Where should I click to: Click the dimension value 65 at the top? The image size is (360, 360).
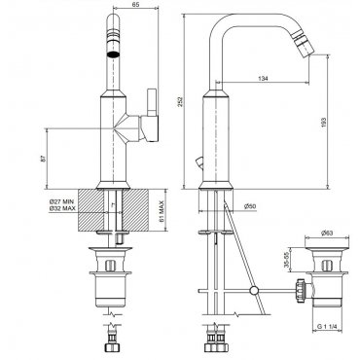(x=136, y=4)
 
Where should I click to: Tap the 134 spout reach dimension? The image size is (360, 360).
(x=263, y=78)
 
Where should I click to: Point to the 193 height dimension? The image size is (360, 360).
(x=324, y=122)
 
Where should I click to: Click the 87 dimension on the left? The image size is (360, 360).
(x=45, y=158)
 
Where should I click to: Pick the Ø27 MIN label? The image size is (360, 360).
(x=62, y=201)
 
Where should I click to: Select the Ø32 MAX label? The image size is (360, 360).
(x=62, y=208)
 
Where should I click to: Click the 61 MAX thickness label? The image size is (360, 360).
(x=162, y=211)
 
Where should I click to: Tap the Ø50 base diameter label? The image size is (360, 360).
(x=250, y=206)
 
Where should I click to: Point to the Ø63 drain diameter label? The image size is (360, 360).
(x=327, y=233)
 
